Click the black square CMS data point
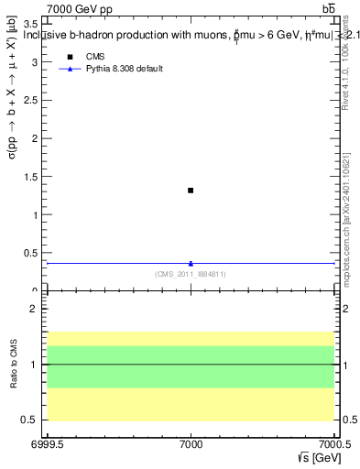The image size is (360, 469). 191,191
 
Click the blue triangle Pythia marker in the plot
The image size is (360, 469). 191,264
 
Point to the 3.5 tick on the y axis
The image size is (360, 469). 36,24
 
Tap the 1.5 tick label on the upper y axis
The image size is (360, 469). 36,178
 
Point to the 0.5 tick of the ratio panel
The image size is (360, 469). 35,420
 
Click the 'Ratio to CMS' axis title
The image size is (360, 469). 14,365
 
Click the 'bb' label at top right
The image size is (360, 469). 328,8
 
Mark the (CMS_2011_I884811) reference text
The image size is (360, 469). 191,274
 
